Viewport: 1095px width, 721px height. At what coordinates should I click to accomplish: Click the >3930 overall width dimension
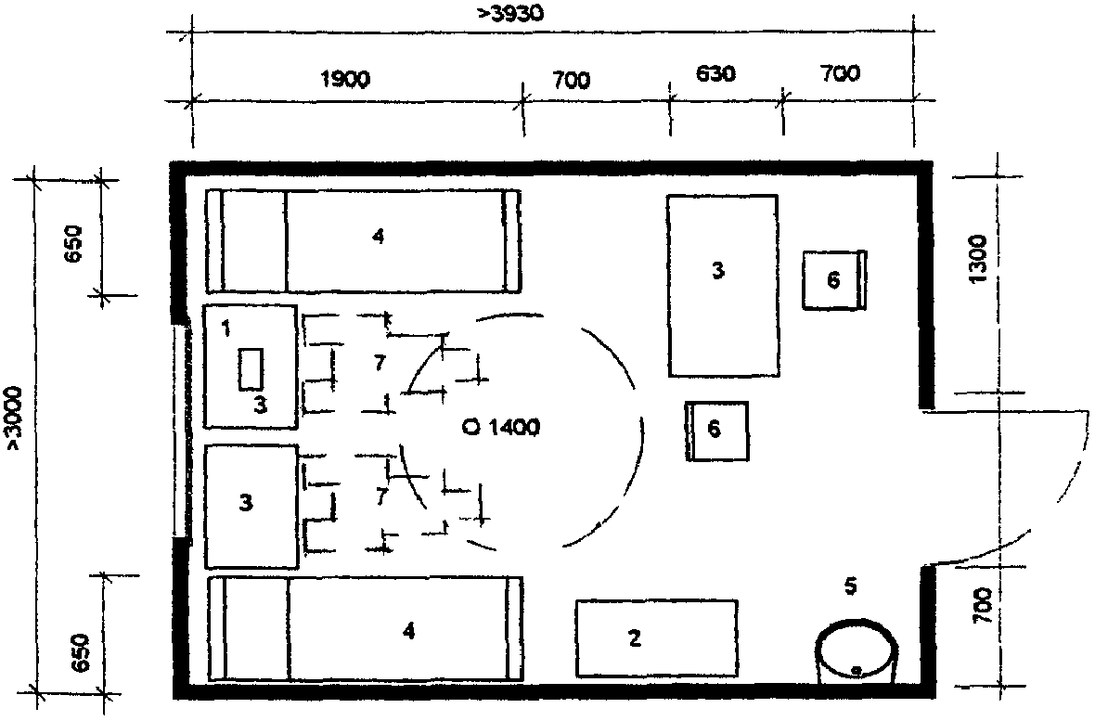[x=510, y=13]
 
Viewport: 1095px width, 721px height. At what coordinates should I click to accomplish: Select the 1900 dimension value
[x=345, y=79]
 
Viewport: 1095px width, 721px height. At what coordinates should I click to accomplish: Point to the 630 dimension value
[x=715, y=73]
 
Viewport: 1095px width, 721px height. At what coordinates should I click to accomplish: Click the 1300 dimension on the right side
[x=978, y=259]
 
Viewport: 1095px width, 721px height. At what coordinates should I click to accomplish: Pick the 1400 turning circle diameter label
[x=501, y=426]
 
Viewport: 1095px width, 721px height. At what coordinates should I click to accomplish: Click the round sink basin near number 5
[x=857, y=651]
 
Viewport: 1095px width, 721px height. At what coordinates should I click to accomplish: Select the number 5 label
[x=850, y=586]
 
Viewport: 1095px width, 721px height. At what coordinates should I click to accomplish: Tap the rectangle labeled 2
[x=656, y=637]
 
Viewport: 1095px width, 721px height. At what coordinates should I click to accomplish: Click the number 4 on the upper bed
[x=378, y=237]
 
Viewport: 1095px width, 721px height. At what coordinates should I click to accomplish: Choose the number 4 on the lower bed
[x=408, y=631]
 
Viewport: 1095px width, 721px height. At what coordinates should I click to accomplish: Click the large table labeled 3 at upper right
[x=723, y=286]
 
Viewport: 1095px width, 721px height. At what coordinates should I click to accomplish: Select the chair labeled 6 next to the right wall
[x=834, y=280]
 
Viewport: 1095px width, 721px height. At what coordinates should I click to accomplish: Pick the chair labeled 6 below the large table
[x=716, y=431]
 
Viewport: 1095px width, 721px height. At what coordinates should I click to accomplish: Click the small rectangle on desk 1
[x=251, y=368]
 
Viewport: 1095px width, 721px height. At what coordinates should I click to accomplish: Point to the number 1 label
[x=225, y=328]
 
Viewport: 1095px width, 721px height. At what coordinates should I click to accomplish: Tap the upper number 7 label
[x=380, y=363]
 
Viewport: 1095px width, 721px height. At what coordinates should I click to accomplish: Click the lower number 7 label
[x=380, y=496]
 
